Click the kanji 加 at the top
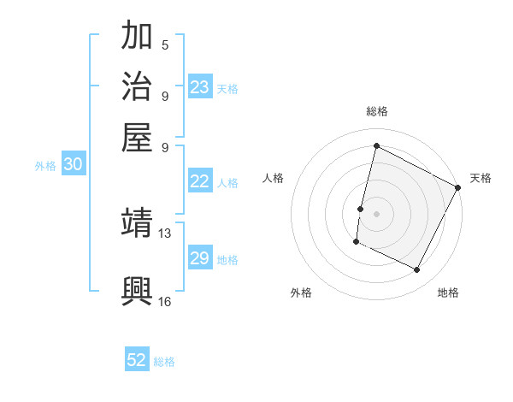pos(138,38)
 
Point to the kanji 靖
pos(138,224)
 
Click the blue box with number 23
pos(200,87)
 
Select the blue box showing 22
pos(200,181)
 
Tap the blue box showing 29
pos(200,258)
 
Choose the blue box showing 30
pos(73,165)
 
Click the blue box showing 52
pos(137,360)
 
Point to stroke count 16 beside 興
pos(164,301)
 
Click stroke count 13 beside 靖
pos(165,233)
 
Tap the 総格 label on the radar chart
pos(376,111)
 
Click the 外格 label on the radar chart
pos(301,293)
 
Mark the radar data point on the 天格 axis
pos(459,188)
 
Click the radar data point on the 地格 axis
pos(417,270)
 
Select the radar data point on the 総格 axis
pos(376,145)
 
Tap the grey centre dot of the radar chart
pos(376,212)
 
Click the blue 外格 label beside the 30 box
pos(45,166)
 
